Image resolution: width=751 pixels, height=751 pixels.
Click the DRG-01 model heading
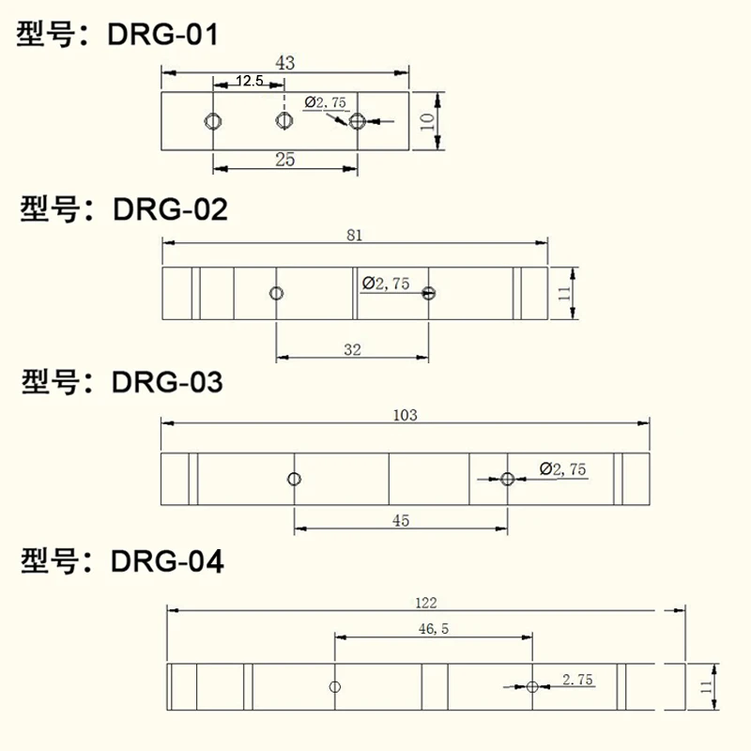(117, 36)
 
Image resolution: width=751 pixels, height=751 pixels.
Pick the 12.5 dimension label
(250, 82)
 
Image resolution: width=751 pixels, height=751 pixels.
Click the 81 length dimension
(355, 235)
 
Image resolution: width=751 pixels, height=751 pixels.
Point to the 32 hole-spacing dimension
(352, 349)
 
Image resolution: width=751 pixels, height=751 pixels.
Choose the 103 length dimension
(406, 414)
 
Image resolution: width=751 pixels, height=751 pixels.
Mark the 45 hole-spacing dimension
(401, 522)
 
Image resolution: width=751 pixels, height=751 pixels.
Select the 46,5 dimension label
(434, 630)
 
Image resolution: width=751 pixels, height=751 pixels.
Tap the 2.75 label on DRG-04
(577, 681)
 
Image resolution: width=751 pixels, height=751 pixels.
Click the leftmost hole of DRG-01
(213, 121)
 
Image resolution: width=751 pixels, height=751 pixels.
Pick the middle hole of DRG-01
(284, 121)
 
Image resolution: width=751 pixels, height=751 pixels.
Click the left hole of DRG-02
(276, 293)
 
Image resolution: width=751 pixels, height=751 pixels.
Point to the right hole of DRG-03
(508, 479)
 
